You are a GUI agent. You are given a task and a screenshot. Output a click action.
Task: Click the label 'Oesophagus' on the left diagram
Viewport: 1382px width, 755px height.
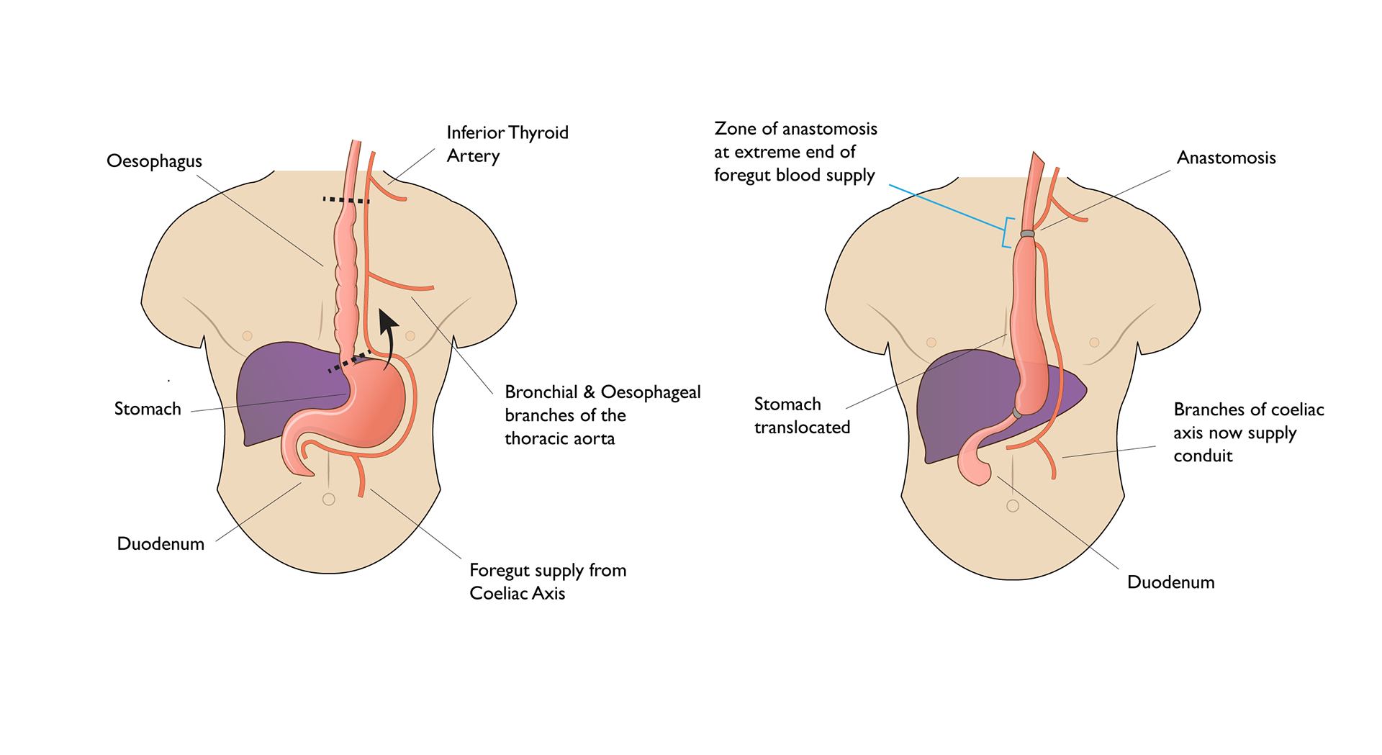coord(154,161)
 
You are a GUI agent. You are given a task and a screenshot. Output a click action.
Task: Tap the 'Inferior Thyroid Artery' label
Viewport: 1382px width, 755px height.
coord(507,144)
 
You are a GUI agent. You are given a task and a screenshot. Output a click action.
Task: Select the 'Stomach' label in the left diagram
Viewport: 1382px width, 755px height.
coord(148,409)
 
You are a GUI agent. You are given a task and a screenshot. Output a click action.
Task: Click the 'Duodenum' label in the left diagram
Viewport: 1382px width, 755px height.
coord(161,543)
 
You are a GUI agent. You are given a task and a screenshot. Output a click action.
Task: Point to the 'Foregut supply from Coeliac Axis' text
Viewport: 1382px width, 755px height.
coord(547,582)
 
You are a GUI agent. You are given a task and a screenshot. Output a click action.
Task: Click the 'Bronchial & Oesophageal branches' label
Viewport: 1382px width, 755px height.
coord(602,415)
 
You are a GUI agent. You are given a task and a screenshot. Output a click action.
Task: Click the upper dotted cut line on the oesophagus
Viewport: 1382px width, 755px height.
coord(345,200)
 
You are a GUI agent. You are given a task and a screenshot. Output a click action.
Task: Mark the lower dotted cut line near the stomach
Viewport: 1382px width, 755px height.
coord(349,361)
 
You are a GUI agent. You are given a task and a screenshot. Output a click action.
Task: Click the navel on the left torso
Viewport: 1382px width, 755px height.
coord(329,499)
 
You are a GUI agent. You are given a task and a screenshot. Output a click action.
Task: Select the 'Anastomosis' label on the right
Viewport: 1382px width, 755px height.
coord(1226,158)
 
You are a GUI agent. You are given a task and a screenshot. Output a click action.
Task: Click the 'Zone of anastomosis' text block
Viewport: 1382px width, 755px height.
coord(795,152)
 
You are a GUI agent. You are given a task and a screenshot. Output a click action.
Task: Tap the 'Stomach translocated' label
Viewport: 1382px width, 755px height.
coord(801,415)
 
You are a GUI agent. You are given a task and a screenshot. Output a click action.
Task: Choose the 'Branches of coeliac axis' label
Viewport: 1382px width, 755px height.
coord(1248,433)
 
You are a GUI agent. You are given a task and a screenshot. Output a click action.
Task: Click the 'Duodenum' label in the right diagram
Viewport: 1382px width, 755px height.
coord(1170,582)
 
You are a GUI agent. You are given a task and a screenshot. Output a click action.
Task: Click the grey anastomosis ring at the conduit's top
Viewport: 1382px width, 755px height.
coord(1027,234)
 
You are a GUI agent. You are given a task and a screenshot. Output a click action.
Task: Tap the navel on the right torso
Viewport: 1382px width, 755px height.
coord(1013,505)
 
